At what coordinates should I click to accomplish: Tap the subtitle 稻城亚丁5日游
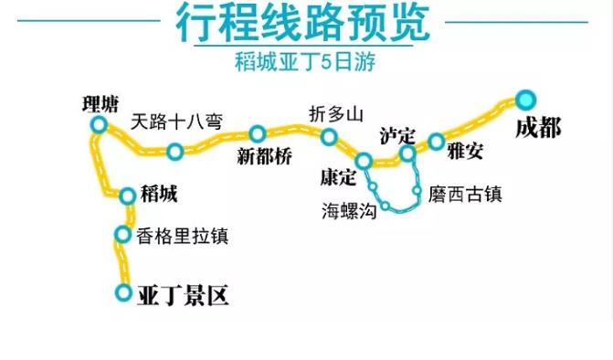click(x=306, y=64)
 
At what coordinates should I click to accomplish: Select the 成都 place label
click(x=538, y=128)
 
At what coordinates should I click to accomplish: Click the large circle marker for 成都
click(x=524, y=99)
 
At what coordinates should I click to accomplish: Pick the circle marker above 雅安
click(x=436, y=142)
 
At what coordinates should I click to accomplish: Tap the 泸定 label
click(x=397, y=137)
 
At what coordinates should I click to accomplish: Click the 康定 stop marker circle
click(x=364, y=162)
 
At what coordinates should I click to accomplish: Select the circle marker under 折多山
click(x=329, y=137)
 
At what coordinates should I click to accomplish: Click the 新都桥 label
click(x=264, y=156)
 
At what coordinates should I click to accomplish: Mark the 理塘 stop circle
click(x=98, y=124)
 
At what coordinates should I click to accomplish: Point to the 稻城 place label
click(x=160, y=194)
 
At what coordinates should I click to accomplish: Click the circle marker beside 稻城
click(x=128, y=194)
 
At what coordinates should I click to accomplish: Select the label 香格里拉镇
click(x=182, y=236)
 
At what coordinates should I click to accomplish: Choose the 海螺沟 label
click(x=349, y=209)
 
